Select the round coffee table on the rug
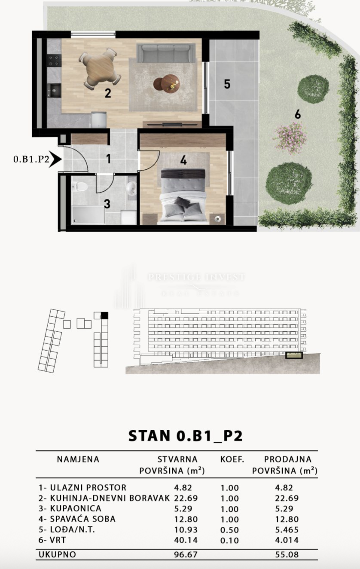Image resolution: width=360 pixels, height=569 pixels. point(167,83)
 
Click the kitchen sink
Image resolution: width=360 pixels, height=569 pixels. point(55,90)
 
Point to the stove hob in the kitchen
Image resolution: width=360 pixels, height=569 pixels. point(54,61)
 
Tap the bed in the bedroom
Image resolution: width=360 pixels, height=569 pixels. point(183,196)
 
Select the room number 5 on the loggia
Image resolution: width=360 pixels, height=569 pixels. point(227,84)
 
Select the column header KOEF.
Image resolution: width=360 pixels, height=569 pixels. point(232,459)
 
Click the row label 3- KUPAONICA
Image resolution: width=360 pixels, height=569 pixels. point(70,508)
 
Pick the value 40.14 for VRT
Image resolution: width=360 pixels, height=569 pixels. point(183,540)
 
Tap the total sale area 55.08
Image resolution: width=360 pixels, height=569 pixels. point(287,555)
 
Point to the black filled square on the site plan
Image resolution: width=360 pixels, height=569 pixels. point(104,315)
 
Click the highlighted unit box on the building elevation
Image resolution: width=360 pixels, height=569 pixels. point(294,355)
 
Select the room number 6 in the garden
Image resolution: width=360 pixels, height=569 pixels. point(297,114)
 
